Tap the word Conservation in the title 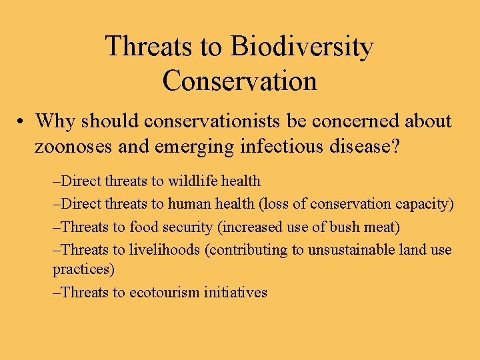(x=239, y=81)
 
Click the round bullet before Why (x=23, y=122)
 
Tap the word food (x=146, y=227)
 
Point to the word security (x=189, y=227)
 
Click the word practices (x=83, y=269)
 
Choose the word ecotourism (x=169, y=292)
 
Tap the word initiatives (x=238, y=292)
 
